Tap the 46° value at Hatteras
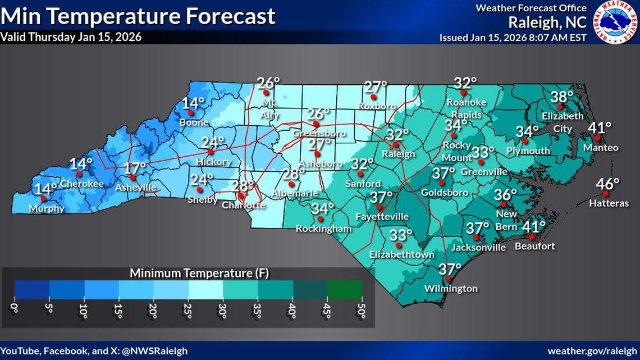coord(608,184)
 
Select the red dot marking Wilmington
coord(448,280)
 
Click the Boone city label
coord(194,122)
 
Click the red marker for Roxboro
coord(374,97)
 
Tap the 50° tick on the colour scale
coord(362,309)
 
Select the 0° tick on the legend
coord(15,309)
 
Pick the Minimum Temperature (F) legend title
coord(199,274)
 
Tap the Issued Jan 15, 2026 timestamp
coord(513,38)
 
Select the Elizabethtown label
coord(401,254)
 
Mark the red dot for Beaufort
coord(532,237)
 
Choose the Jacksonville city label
coord(478,247)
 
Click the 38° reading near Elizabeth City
coord(562,97)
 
